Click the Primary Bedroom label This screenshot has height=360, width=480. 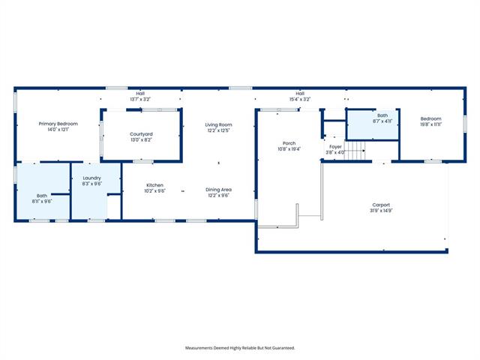point(58,124)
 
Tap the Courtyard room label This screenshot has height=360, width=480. point(141,134)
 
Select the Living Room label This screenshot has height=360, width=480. point(218,124)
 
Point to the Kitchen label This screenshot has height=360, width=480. point(155,185)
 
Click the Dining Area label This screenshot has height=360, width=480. point(218,190)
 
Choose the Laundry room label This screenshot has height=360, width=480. point(91,178)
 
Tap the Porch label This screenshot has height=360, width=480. point(289,143)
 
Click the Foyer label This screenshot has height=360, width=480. point(335,147)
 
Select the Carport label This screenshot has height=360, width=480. point(381,205)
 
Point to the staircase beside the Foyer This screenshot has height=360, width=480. point(355,151)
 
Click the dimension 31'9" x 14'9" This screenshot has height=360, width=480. point(381,211)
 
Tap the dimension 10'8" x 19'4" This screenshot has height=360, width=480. point(289,149)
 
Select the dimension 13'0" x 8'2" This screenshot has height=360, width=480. point(141,140)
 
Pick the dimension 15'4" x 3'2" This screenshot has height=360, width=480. point(300,99)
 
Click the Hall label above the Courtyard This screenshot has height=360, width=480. point(140,93)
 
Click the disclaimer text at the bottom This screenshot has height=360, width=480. point(240,348)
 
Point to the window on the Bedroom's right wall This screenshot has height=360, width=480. point(465,124)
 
